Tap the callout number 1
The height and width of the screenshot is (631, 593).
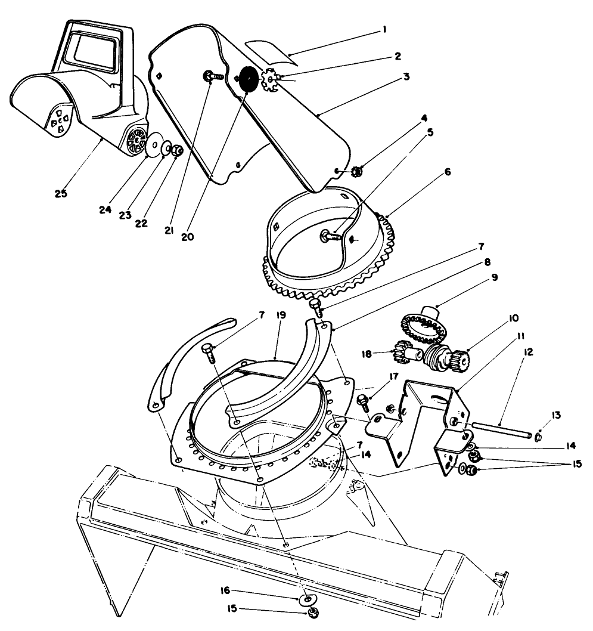384,29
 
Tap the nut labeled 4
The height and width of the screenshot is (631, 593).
356,172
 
